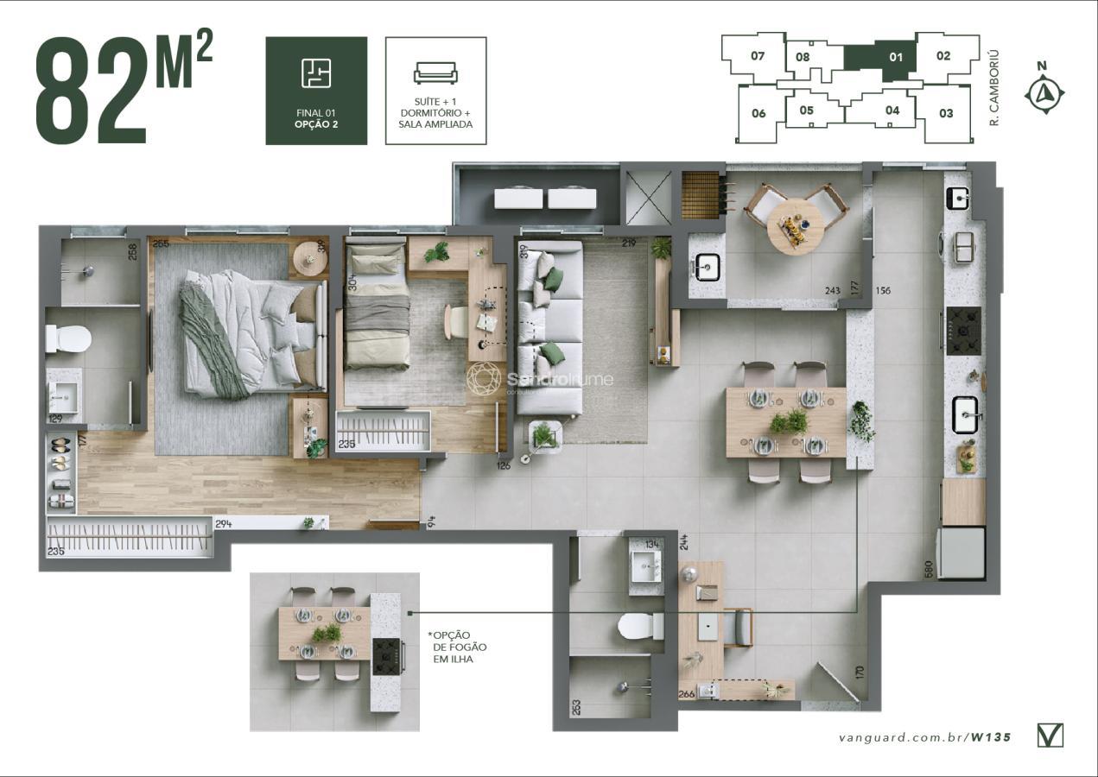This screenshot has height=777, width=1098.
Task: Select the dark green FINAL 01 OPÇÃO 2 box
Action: coord(316,91)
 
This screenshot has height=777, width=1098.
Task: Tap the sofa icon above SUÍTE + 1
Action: coord(435,73)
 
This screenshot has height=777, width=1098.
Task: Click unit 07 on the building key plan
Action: coord(758,56)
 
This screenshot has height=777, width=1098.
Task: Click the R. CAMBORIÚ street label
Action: coord(994,88)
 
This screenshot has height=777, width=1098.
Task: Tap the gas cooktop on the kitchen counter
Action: coord(963,332)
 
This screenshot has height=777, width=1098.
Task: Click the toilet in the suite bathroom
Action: coord(67,338)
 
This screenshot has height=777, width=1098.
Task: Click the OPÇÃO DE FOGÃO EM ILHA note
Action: coord(453,647)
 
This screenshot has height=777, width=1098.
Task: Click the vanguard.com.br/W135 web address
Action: coord(924,737)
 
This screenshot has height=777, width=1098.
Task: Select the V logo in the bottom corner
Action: coord(1050,735)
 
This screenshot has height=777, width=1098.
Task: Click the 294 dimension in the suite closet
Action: coord(224,524)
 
